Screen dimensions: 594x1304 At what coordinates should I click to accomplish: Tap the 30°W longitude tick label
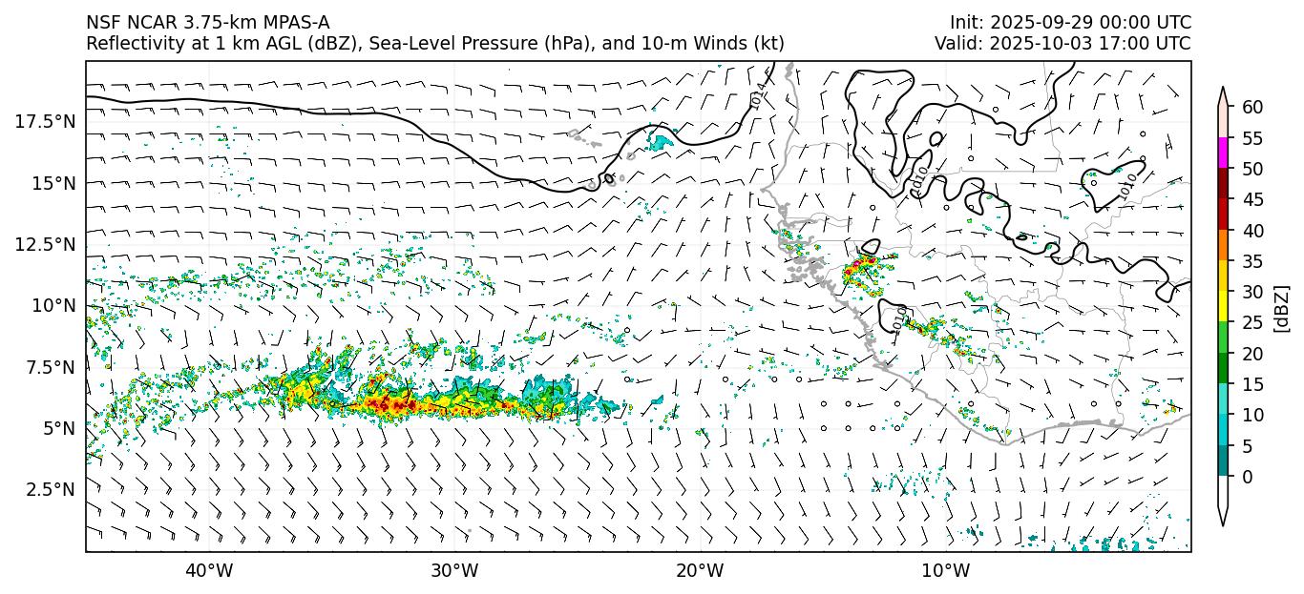(454, 571)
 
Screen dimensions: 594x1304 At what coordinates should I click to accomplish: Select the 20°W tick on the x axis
(701, 571)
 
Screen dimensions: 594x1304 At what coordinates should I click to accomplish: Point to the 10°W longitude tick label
(946, 571)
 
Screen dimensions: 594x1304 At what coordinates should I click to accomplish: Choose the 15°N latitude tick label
(52, 182)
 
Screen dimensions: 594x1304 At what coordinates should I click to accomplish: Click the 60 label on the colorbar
(1252, 108)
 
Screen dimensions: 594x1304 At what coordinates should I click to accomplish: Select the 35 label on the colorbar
(1252, 261)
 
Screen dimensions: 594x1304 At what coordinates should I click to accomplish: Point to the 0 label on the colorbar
(1248, 477)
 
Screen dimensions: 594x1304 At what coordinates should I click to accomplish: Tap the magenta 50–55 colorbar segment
(1223, 154)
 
